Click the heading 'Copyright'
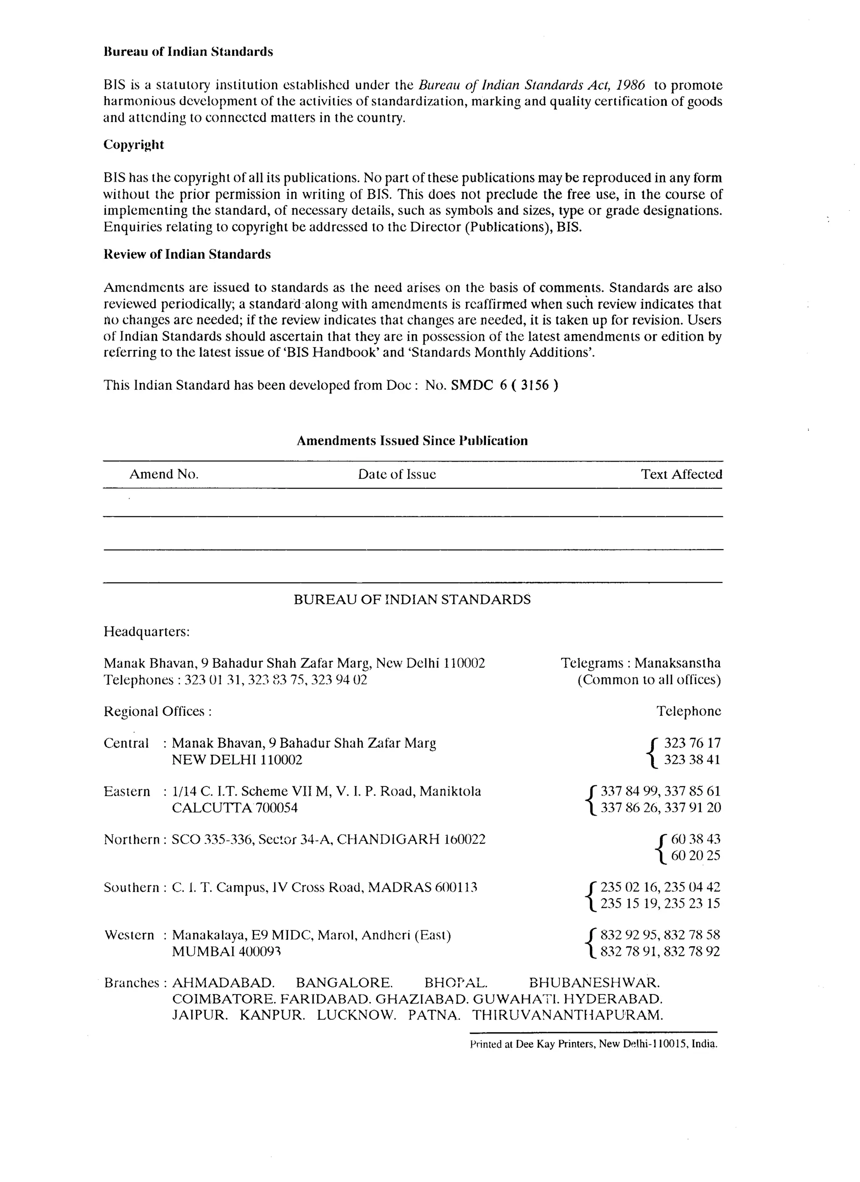tap(134, 145)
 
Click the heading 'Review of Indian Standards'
tap(187, 254)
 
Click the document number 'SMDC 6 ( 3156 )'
tap(504, 385)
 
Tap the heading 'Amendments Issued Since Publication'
tap(412, 441)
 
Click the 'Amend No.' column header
tap(164, 474)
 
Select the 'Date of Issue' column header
tap(397, 474)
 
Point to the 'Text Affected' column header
tap(681, 474)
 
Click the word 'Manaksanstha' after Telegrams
tap(677, 663)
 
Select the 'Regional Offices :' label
tap(157, 711)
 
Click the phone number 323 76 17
tap(692, 743)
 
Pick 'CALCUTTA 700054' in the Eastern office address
tap(235, 808)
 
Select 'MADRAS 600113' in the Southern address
tap(422, 887)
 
